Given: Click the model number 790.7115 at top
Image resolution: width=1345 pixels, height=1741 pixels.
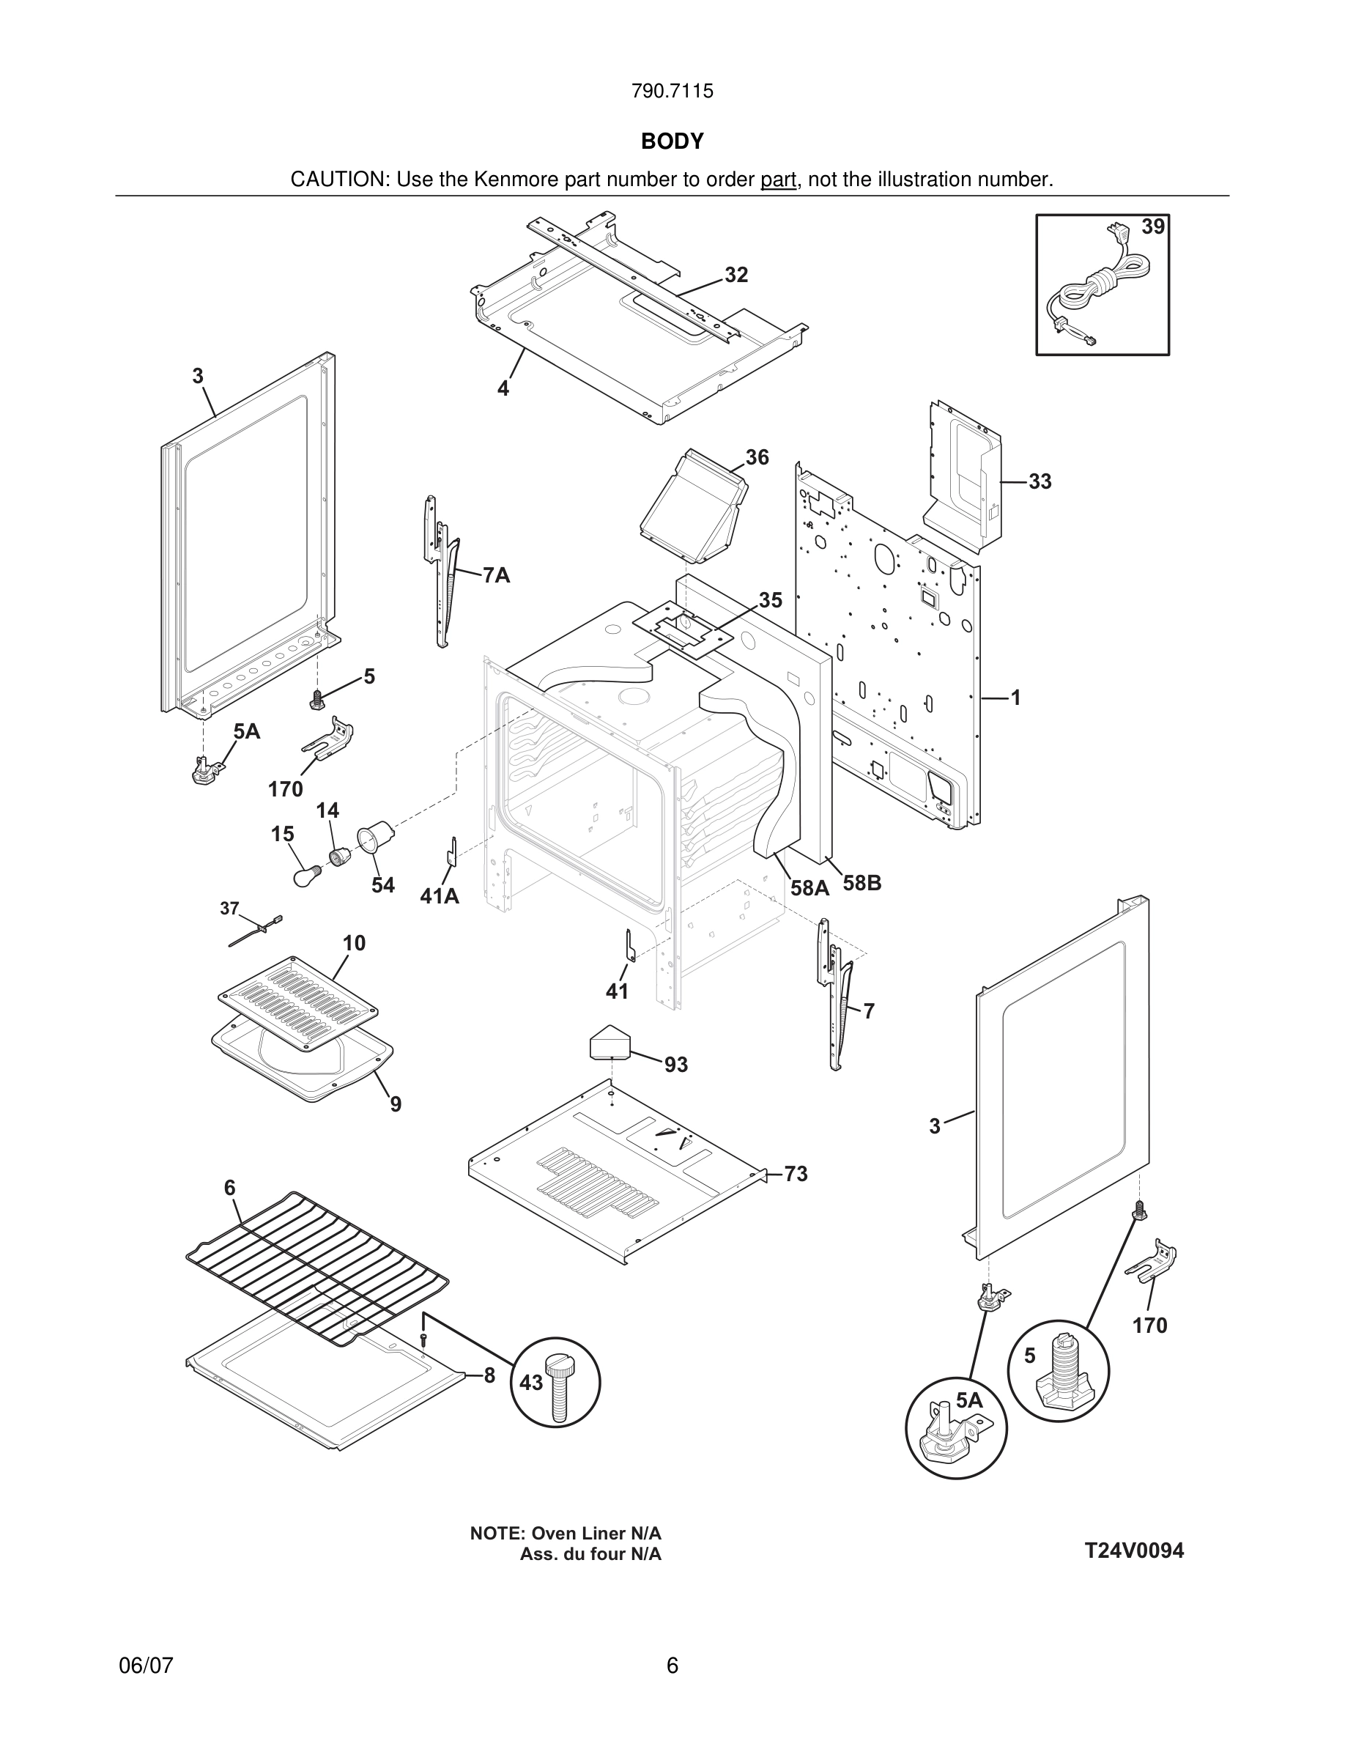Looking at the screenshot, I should [672, 91].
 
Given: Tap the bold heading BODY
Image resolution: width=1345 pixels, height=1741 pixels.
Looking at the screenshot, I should [672, 141].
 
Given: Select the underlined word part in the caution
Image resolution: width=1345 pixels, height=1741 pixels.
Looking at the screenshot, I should [778, 180].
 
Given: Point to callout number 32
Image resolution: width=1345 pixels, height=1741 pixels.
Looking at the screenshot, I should [736, 275].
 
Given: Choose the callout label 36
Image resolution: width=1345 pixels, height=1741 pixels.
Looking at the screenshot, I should [757, 456].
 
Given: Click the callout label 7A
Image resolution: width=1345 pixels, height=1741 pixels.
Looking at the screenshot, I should [497, 575].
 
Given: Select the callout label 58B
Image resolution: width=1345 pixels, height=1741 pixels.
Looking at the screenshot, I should [862, 883].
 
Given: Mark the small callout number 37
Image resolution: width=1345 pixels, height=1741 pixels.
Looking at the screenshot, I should [229, 908].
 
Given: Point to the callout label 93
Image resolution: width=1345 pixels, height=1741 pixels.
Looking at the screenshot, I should [675, 1065].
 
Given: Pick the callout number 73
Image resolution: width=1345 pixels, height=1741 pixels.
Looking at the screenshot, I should [796, 1174].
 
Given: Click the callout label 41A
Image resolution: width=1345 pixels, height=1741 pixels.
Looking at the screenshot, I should [439, 896].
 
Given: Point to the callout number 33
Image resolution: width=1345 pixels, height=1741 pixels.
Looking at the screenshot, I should [1040, 481].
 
